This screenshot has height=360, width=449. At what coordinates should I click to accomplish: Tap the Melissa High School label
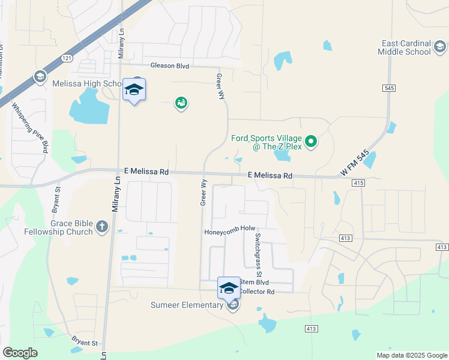tap(88, 84)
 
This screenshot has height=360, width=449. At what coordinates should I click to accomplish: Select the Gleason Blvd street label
tap(170, 65)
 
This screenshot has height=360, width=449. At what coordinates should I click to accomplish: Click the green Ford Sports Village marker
tap(311, 142)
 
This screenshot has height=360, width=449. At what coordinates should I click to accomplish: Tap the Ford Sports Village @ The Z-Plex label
tap(268, 142)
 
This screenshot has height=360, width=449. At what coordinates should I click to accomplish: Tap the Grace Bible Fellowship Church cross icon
tap(101, 227)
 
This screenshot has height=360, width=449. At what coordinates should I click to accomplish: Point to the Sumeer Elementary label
tap(187, 305)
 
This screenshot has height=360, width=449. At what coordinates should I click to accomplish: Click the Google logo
tap(20, 353)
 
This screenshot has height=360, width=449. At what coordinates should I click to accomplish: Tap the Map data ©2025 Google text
tap(411, 355)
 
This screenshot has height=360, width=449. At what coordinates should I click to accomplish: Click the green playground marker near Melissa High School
tap(181, 103)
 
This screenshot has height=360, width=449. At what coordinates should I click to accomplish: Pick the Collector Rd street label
tap(256, 292)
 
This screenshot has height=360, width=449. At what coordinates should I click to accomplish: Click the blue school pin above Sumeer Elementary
tap(229, 287)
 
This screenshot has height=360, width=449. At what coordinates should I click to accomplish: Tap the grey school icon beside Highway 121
tap(40, 76)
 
